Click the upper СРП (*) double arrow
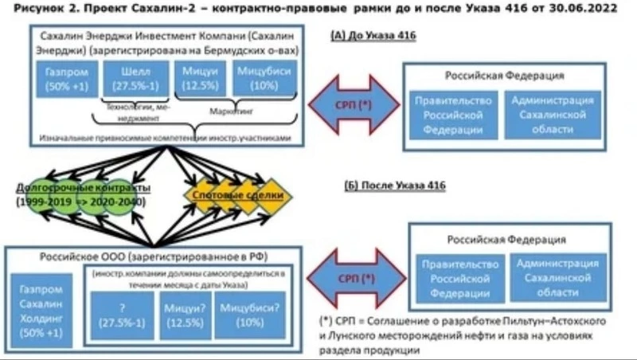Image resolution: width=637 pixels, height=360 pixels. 354,105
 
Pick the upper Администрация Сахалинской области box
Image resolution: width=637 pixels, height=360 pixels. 553,115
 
